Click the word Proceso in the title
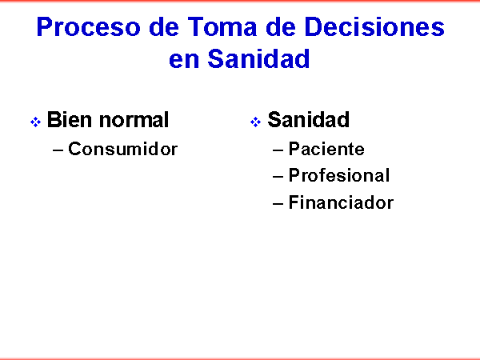coord(89,26)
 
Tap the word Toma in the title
coord(222,26)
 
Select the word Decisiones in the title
coord(374,26)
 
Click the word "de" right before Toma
coord(164,26)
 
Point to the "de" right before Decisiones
coord(281,26)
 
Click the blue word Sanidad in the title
coord(258,58)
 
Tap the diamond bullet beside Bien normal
coord(35,122)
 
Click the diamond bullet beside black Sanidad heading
coord(256,122)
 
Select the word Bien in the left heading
coord(70,119)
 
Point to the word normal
coord(134,119)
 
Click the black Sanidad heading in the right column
coord(309,119)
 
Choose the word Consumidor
coord(122,149)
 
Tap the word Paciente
coord(326,149)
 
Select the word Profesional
coord(339,175)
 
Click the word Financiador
coord(341,202)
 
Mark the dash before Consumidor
coord(58,150)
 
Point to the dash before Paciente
coord(278,150)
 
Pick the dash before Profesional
coord(278,176)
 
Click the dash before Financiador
coord(278,203)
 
